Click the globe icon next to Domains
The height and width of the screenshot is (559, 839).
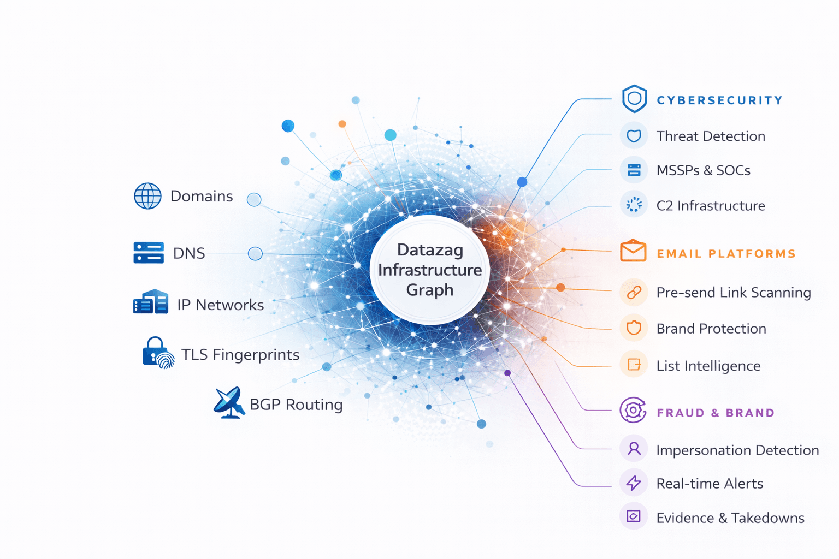(147, 196)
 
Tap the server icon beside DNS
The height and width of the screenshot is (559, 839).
(149, 253)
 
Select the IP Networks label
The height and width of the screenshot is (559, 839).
(220, 305)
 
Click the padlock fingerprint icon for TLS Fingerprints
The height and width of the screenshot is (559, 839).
(158, 353)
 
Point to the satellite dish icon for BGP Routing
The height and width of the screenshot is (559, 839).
(229, 403)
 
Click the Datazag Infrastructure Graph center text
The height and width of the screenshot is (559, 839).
(430, 270)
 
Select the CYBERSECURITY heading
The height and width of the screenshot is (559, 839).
(719, 100)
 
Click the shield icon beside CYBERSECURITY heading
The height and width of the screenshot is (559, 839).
(634, 99)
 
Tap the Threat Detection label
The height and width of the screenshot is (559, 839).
(711, 136)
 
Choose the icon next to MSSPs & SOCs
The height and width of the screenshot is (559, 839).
(634, 170)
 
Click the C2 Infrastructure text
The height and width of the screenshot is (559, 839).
(711, 206)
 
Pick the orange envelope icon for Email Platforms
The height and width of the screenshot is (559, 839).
(633, 251)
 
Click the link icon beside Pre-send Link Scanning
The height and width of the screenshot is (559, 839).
(634, 292)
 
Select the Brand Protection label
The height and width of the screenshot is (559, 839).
(711, 329)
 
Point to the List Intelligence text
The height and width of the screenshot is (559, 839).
(708, 366)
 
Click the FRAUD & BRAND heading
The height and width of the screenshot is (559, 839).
(716, 413)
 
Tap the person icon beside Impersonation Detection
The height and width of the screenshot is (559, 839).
(634, 449)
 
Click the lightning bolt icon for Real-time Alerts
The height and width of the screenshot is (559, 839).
(634, 483)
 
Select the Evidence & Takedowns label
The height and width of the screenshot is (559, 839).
(730, 518)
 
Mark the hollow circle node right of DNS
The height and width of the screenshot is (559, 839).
(255, 253)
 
